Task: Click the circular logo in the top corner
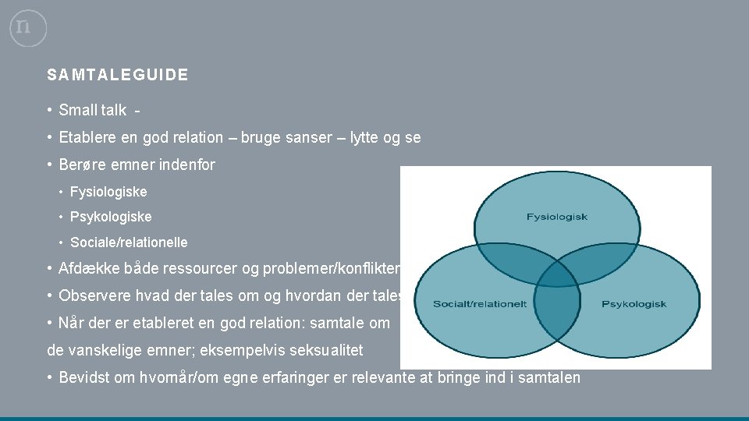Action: pyautogui.click(x=28, y=28)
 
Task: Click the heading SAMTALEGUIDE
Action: pyautogui.click(x=117, y=76)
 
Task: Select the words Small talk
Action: pyautogui.click(x=92, y=111)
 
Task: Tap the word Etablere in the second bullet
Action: pyautogui.click(x=86, y=138)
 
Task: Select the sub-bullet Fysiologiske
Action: pyautogui.click(x=108, y=192)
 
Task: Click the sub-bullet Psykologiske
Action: pyautogui.click(x=111, y=217)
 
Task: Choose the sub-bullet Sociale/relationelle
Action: pyautogui.click(x=129, y=242)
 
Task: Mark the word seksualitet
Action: pyautogui.click(x=321, y=351)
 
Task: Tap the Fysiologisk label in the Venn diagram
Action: pyautogui.click(x=557, y=216)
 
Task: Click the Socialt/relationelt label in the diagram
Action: pyautogui.click(x=480, y=304)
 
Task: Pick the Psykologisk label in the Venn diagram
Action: pyautogui.click(x=634, y=304)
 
